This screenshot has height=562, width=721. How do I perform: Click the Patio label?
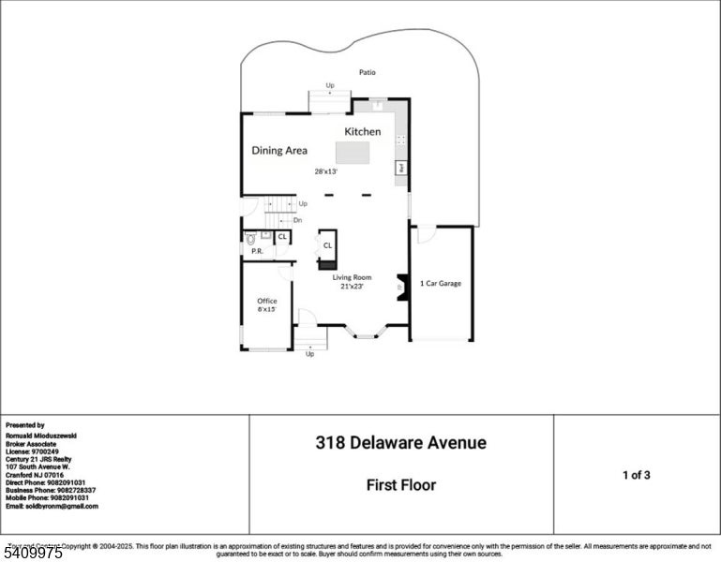[368, 72]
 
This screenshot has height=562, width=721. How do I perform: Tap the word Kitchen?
[362, 132]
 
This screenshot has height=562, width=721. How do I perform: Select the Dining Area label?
[279, 150]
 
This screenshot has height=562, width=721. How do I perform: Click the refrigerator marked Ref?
[400, 168]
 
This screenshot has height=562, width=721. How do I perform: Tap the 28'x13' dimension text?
[325, 171]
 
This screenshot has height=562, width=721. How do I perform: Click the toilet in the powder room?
[251, 240]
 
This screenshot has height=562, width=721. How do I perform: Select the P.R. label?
[256, 252]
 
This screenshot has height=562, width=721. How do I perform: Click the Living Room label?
[352, 277]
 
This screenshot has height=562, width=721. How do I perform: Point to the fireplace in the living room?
[401, 288]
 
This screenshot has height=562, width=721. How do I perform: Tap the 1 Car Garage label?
[440, 283]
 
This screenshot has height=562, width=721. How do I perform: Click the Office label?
[267, 301]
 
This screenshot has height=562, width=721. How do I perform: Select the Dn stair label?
[297, 220]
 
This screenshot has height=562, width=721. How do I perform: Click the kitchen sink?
[376, 105]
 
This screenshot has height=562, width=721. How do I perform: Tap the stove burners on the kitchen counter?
[401, 140]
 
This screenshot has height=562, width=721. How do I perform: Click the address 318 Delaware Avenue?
[400, 443]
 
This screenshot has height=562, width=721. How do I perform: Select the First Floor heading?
[400, 485]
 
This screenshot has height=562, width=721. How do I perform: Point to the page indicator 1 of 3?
[636, 475]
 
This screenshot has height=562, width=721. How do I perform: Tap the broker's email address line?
[52, 506]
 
